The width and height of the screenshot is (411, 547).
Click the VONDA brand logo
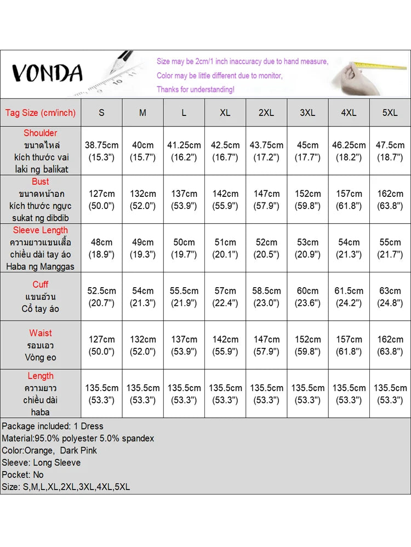pyautogui.click(x=47, y=73)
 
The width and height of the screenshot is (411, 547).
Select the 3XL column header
pyautogui.click(x=307, y=113)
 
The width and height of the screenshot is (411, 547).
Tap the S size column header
pyautogui.click(x=101, y=113)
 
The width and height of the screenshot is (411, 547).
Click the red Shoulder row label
pyautogui.click(x=41, y=133)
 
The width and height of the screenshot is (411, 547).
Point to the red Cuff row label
pyautogui.click(x=41, y=284)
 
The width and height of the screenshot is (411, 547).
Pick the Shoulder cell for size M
pyautogui.click(x=143, y=151)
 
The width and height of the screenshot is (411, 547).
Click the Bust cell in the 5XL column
pyautogui.click(x=390, y=200)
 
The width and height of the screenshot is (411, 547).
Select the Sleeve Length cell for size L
pyautogui.click(x=184, y=248)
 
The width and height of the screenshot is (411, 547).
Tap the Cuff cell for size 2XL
pyautogui.click(x=266, y=296)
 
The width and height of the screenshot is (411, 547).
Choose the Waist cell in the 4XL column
pyautogui.click(x=349, y=345)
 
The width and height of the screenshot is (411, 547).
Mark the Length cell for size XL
pyautogui.click(x=225, y=394)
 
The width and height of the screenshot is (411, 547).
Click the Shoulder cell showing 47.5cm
pyautogui.click(x=390, y=151)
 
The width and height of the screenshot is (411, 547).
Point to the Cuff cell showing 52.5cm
pyautogui.click(x=101, y=296)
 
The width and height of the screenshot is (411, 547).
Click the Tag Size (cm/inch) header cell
pyautogui.click(x=41, y=113)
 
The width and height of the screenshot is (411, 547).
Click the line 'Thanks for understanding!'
pyautogui.click(x=196, y=89)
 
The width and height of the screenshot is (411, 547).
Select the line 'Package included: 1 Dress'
pyautogui.click(x=53, y=426)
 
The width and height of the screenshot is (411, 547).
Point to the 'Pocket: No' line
pyautogui.click(x=22, y=474)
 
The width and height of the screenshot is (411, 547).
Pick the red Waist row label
pyautogui.click(x=41, y=333)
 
